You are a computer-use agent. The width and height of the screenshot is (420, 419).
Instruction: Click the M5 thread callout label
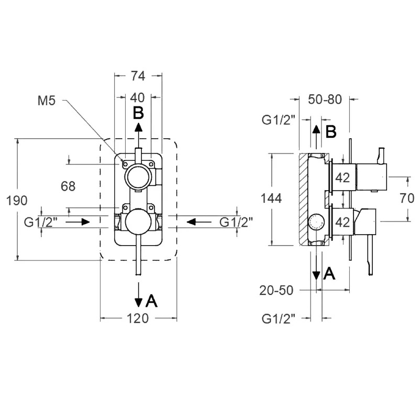47,101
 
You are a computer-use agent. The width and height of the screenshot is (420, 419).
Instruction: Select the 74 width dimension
138,76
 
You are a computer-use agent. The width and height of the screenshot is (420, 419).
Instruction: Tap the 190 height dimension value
17,201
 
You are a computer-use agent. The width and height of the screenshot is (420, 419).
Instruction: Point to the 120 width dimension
137,318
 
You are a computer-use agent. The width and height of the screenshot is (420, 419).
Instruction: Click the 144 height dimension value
271,199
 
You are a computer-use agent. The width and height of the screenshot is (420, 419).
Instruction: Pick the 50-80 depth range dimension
325,100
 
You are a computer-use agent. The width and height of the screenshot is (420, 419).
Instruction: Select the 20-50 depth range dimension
277,290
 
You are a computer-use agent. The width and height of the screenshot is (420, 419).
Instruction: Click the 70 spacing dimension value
407,199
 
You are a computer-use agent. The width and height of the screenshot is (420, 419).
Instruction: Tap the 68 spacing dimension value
68,186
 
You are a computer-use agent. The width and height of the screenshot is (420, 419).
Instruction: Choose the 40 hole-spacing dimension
137,98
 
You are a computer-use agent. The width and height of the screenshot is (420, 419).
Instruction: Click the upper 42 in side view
342,178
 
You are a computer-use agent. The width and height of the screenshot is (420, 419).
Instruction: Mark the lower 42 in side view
342,222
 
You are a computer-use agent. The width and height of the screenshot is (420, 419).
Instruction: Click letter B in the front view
138,113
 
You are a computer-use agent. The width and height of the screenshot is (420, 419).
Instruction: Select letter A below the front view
151,301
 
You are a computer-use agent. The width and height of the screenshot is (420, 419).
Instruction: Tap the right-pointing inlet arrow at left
78,222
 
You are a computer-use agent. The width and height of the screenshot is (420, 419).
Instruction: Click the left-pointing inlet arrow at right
199,222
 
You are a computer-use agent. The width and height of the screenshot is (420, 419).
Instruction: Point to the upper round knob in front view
138,177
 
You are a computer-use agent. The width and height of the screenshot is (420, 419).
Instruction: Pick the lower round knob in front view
138,222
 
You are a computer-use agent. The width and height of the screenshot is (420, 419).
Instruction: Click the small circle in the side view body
317,223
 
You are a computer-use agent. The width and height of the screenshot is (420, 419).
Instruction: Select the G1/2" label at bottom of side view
279,319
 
